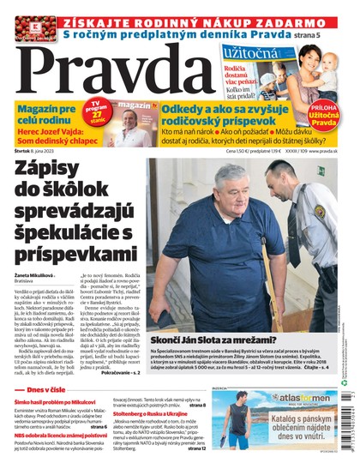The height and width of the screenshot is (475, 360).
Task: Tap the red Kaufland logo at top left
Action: [x=36, y=27]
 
